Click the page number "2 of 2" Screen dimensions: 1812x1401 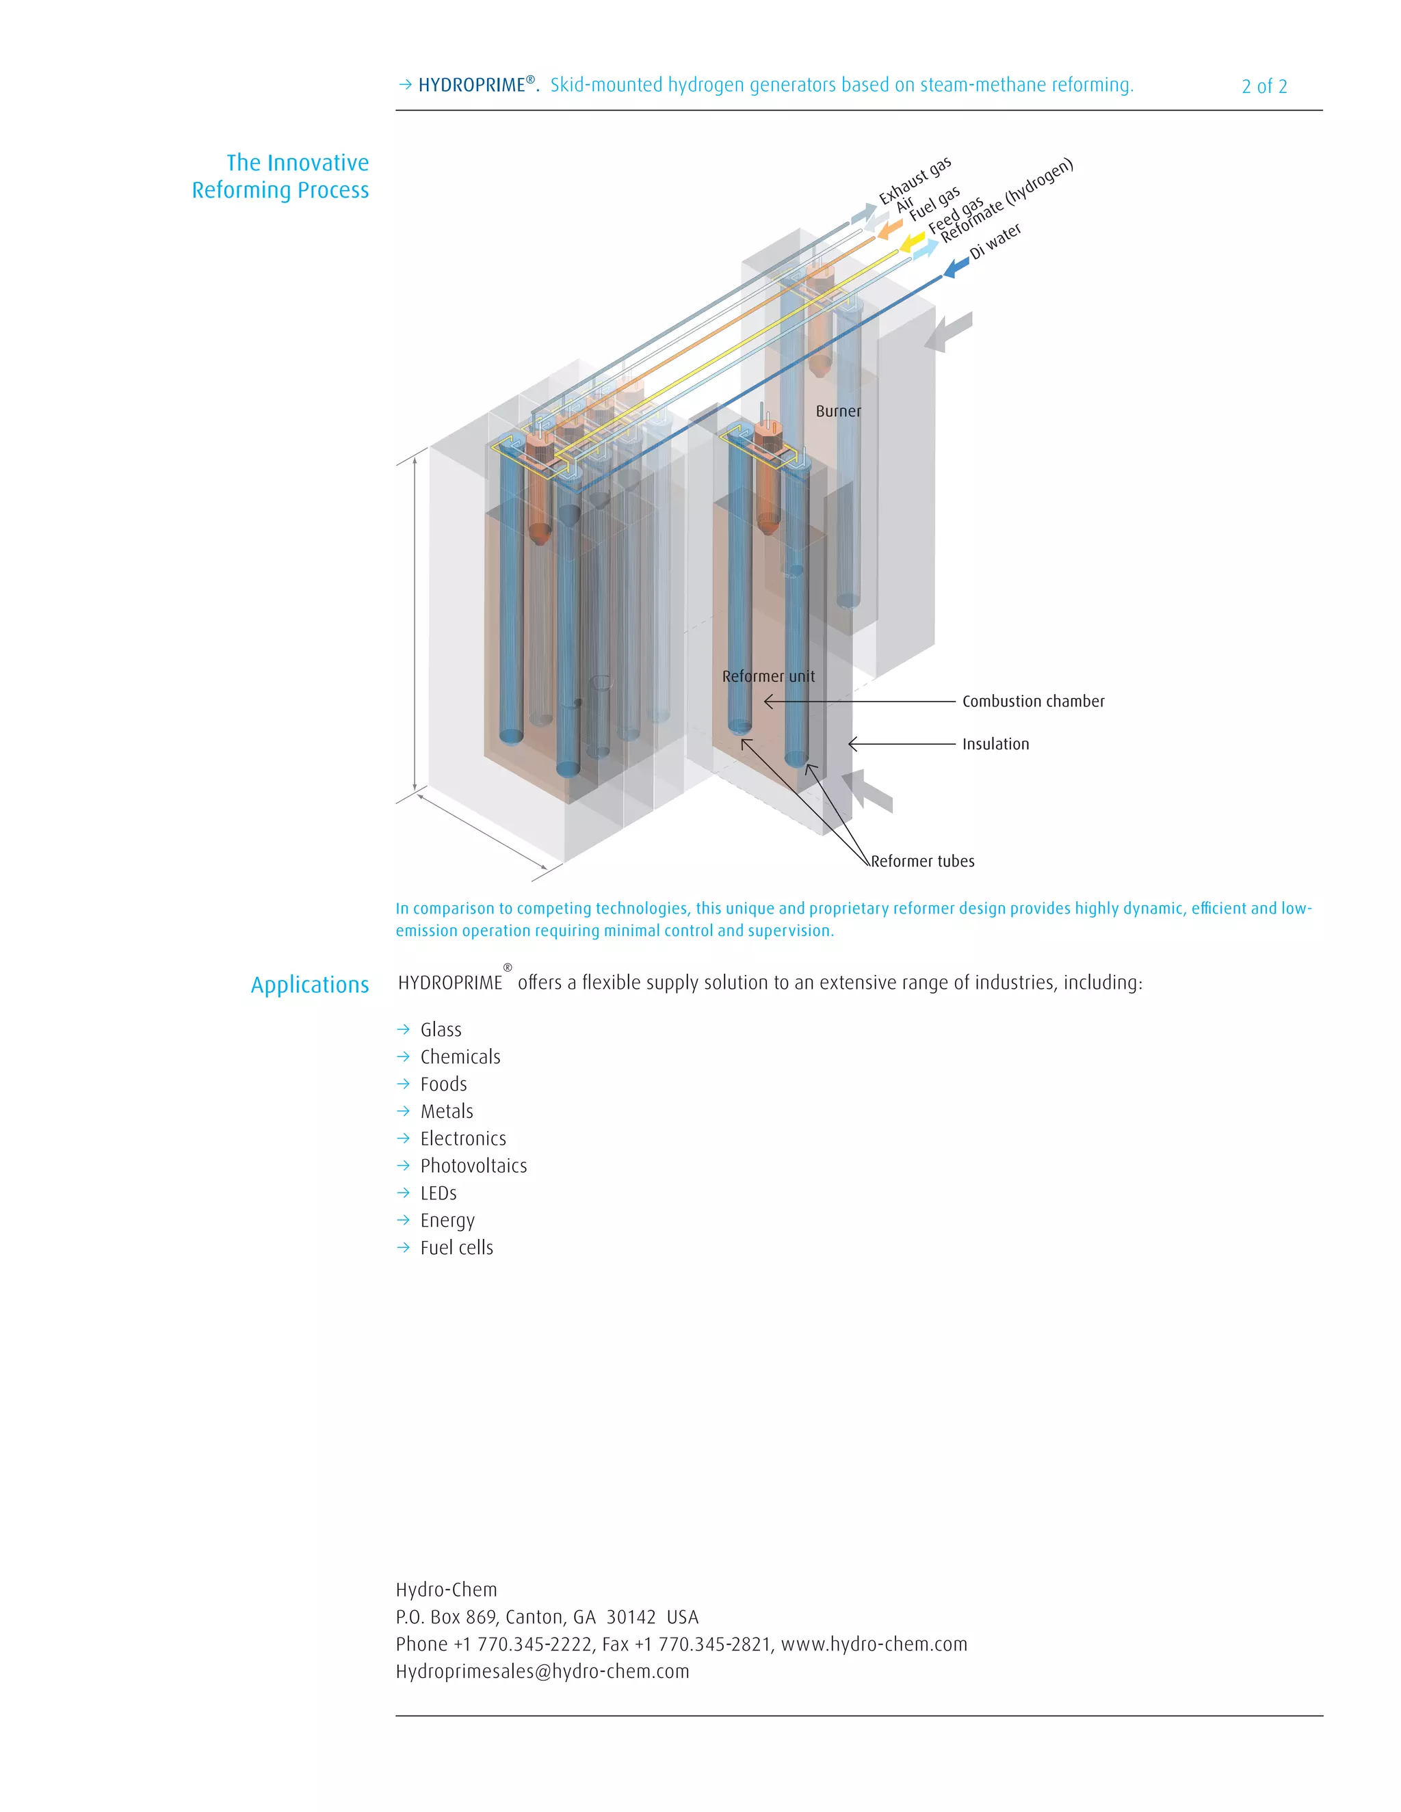pos(1263,86)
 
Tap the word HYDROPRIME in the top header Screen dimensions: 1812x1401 pos(471,85)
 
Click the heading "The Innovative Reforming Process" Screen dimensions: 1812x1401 pos(280,176)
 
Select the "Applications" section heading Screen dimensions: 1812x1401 pos(310,985)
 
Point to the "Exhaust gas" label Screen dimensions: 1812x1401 pos(915,180)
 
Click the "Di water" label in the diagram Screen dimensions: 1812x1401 pos(995,241)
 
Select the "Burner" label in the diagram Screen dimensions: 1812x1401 pos(837,412)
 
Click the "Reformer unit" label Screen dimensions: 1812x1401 pos(768,676)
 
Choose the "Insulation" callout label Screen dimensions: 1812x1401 pos(995,744)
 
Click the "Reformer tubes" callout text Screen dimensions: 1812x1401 pos(922,861)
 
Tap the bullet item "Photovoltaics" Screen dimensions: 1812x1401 pos(473,1166)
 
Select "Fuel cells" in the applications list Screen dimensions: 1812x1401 pos(456,1248)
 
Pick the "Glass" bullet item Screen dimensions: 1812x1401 pos(441,1030)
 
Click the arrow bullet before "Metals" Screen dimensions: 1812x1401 pos(404,1111)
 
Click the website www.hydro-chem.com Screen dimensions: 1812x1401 pos(874,1644)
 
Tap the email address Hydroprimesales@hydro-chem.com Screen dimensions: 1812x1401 pos(542,1672)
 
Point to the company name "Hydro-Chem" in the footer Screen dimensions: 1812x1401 pos(447,1590)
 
